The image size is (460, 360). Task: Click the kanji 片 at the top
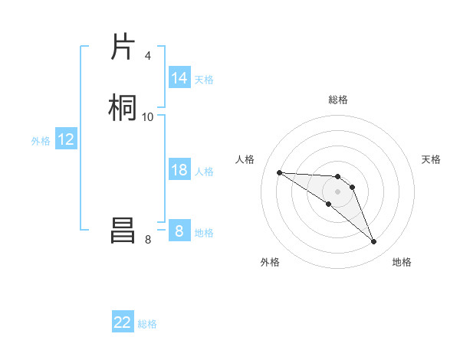pos(123,47)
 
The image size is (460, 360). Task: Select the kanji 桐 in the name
pos(123,107)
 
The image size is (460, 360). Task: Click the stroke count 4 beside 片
pos(147,56)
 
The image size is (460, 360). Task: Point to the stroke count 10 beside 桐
pos(147,116)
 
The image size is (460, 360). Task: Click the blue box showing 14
pos(179,78)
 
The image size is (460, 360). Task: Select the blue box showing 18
pos(179,170)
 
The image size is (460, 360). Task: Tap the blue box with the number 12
pos(66,139)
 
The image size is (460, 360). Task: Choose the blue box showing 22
pos(123,322)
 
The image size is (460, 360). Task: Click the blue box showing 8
pos(179,231)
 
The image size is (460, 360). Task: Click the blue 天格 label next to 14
pos(204,80)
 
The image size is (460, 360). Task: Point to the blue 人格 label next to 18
pos(204,172)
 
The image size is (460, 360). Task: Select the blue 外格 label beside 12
pos(41,141)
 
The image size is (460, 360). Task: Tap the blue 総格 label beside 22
pos(147,324)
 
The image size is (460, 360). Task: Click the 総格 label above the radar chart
pos(338,100)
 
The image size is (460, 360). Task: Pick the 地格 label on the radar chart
pos(402,262)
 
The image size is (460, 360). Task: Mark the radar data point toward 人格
pos(279,172)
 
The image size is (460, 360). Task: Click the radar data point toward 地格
pos(374,242)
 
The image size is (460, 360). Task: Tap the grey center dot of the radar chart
pos(337,191)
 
